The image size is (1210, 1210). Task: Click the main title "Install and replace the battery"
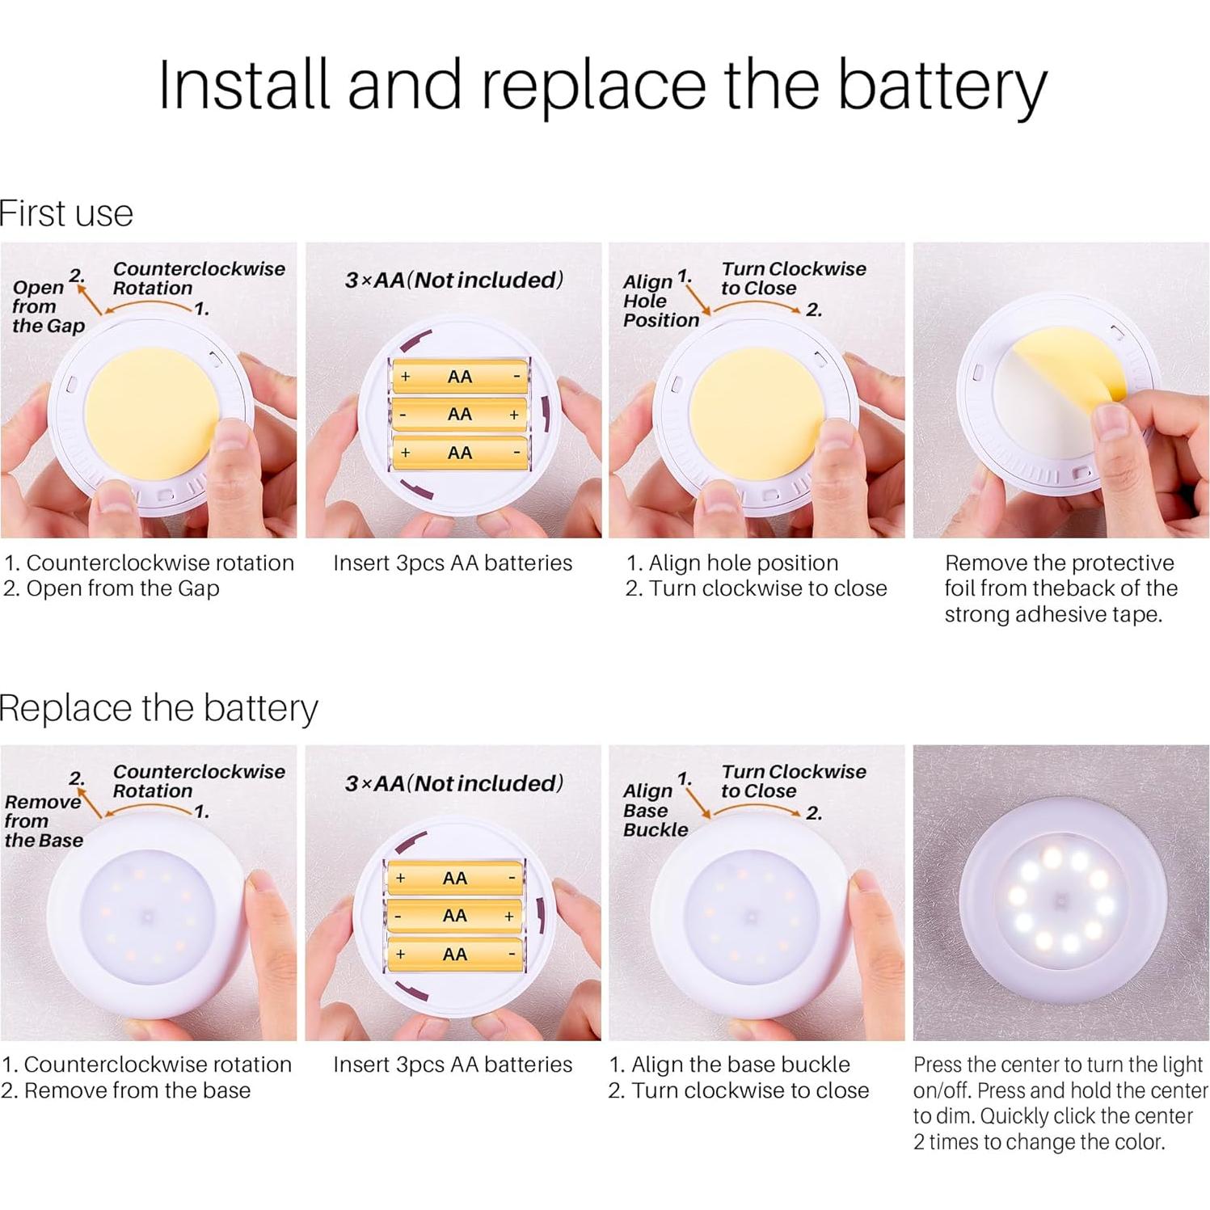coord(602,86)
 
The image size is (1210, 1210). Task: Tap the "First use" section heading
coord(66,213)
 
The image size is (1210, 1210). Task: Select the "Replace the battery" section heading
coord(158,708)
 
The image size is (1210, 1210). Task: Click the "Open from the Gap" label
coord(48,306)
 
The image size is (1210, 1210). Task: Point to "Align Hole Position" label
coord(660,301)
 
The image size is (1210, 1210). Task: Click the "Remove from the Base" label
coord(44,820)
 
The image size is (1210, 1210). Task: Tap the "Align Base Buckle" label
coord(656,810)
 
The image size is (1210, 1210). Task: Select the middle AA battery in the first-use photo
coord(459,415)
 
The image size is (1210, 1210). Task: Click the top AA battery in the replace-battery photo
coord(455,879)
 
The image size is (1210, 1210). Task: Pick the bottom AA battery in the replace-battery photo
coord(455,955)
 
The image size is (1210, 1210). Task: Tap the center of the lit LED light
coord(1061,900)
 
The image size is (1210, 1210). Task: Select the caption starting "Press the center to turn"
coord(1060,1102)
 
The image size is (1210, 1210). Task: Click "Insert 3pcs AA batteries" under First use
coord(453,563)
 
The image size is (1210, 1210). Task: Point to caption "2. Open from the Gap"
coord(112,588)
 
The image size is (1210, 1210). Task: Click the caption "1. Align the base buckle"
coord(730,1065)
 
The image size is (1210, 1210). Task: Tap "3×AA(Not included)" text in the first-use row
coord(454,280)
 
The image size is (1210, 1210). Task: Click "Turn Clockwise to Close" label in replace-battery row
coord(794,781)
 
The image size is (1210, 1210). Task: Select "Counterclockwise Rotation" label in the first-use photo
coord(199,278)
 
